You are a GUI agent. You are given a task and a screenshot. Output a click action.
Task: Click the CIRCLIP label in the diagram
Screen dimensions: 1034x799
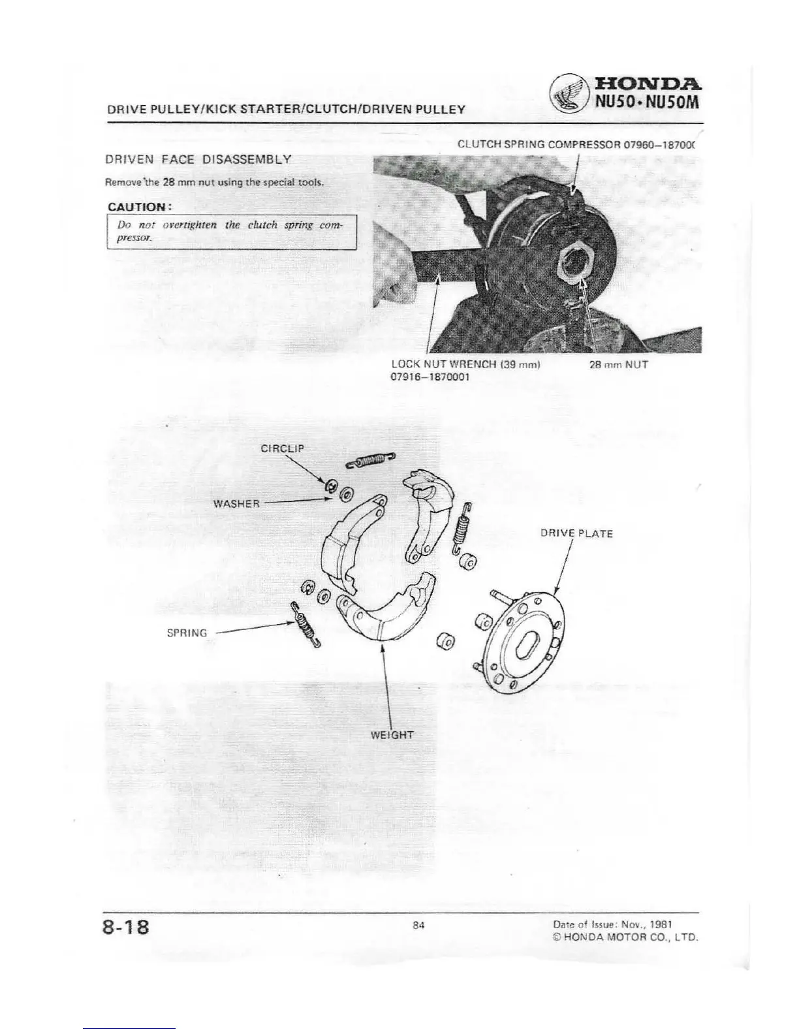point(282,448)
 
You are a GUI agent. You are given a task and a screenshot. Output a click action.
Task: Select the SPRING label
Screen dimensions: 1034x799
point(187,633)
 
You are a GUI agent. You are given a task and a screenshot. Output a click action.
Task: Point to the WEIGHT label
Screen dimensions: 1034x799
point(392,734)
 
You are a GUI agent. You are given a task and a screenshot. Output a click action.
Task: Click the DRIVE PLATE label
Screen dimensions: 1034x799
point(576,533)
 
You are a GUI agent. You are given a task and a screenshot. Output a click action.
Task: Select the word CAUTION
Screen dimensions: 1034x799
point(139,207)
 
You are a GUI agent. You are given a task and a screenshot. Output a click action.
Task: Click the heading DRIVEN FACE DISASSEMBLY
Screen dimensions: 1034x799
point(198,159)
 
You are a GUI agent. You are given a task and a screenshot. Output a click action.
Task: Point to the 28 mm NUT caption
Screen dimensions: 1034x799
point(618,365)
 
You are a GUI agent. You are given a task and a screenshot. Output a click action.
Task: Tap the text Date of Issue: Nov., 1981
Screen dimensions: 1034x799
point(612,924)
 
